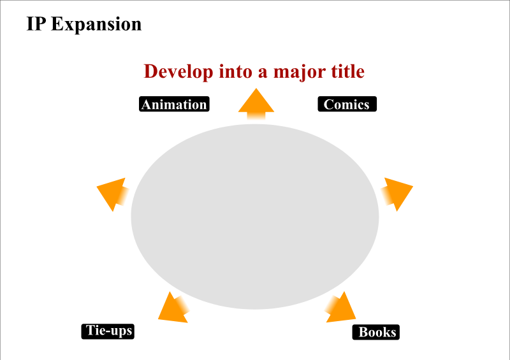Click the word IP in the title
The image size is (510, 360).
tap(36, 24)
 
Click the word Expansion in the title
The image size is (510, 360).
tap(96, 25)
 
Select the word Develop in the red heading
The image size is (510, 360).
tap(178, 72)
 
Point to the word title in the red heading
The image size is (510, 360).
tap(347, 71)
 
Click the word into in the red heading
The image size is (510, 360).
tap(235, 71)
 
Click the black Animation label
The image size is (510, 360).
tap(174, 104)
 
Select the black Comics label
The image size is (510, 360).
tap(347, 104)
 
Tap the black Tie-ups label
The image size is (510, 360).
tap(108, 331)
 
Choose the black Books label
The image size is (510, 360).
tap(376, 332)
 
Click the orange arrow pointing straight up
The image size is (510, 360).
tap(256, 104)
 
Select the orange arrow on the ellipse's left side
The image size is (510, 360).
tap(113, 194)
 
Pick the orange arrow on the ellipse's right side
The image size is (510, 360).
tap(397, 194)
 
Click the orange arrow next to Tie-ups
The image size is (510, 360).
tap(173, 308)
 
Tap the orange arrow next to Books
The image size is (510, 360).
tap(340, 308)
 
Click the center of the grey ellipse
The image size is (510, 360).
tap(255, 217)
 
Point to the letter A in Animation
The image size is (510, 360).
tap(147, 104)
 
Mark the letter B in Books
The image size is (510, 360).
tap(363, 333)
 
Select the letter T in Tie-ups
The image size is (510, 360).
tap(90, 331)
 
